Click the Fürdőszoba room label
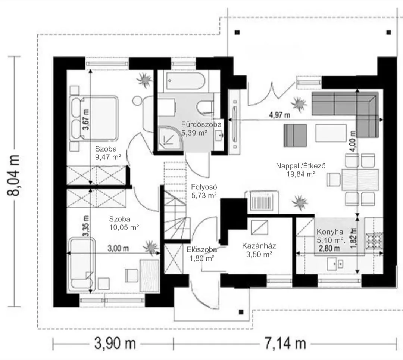(x=201, y=124)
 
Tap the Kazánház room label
(x=259, y=246)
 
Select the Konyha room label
(x=330, y=232)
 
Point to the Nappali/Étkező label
(x=301, y=165)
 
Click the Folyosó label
(x=204, y=187)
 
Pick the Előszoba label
(x=202, y=249)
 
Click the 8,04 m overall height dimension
(x=13, y=176)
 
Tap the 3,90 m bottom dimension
(x=115, y=344)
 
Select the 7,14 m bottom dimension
(x=285, y=344)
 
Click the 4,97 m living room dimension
(x=279, y=115)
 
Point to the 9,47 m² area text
(x=108, y=157)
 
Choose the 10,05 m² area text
(x=124, y=227)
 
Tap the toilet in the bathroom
(x=205, y=106)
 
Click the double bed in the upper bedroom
(x=94, y=118)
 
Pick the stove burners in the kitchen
(x=374, y=241)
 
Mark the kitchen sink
(x=335, y=264)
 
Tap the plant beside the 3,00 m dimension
(x=151, y=247)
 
